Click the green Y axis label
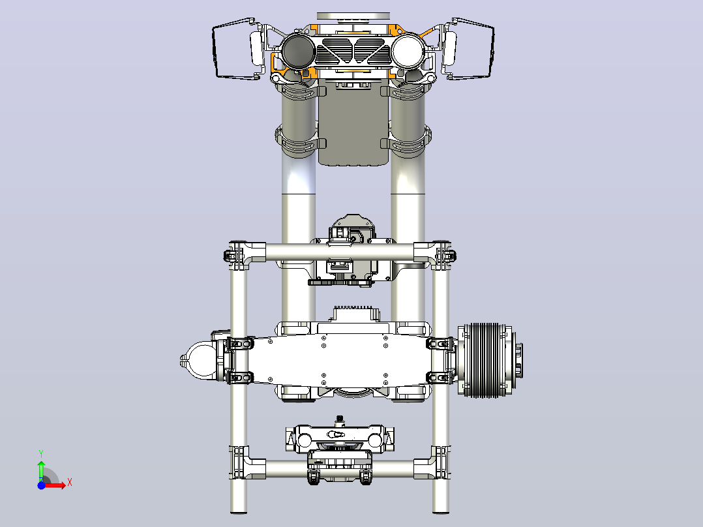(x=41, y=454)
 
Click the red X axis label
(x=70, y=483)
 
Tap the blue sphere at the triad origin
(x=41, y=485)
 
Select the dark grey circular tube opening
(x=299, y=50)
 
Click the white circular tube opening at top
(x=408, y=50)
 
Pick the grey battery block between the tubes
(x=353, y=123)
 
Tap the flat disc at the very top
(x=353, y=16)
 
